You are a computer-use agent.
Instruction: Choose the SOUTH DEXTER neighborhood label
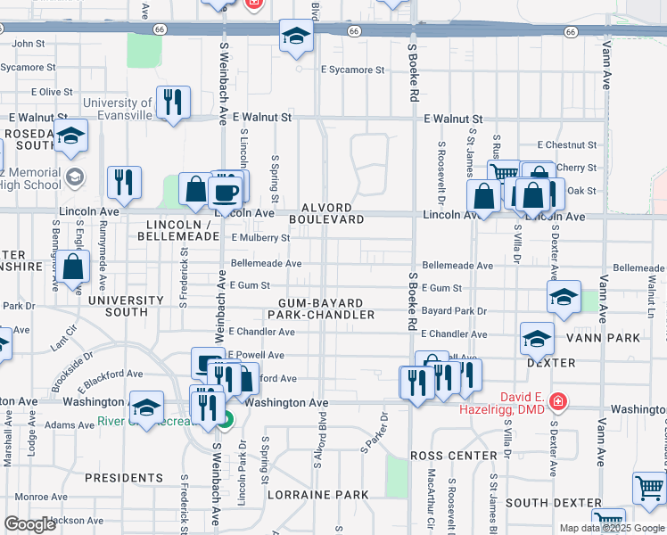[x=553, y=503]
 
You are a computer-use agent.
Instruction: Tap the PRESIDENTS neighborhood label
[x=124, y=478]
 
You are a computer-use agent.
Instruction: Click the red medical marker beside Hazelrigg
[x=557, y=401]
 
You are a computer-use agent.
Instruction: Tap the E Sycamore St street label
[x=352, y=70]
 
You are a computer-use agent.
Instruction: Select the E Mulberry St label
[x=260, y=238]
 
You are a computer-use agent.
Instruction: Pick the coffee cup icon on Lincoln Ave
[x=224, y=191]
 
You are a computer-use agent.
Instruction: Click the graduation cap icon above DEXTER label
[x=537, y=338]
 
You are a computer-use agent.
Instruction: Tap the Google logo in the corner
[x=30, y=524]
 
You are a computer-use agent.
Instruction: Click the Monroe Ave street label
[x=35, y=497]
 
